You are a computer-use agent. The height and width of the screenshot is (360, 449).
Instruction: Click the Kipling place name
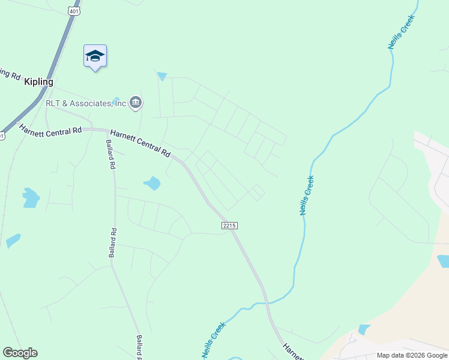(x=39, y=82)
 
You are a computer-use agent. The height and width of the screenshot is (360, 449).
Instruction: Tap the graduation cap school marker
(x=95, y=56)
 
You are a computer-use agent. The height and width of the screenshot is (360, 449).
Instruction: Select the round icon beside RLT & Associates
(x=136, y=103)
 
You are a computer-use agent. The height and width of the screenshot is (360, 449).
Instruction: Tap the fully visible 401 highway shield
(x=73, y=10)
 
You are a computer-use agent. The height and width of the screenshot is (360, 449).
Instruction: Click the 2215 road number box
(x=229, y=225)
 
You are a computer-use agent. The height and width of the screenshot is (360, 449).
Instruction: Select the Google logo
(x=20, y=353)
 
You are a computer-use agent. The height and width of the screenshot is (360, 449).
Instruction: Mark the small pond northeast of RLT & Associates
(x=161, y=76)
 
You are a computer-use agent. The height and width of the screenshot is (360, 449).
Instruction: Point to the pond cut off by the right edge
(x=443, y=260)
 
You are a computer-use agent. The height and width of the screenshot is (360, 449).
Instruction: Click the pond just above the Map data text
(x=364, y=329)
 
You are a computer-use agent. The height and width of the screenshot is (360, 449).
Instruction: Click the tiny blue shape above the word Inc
(x=116, y=99)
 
